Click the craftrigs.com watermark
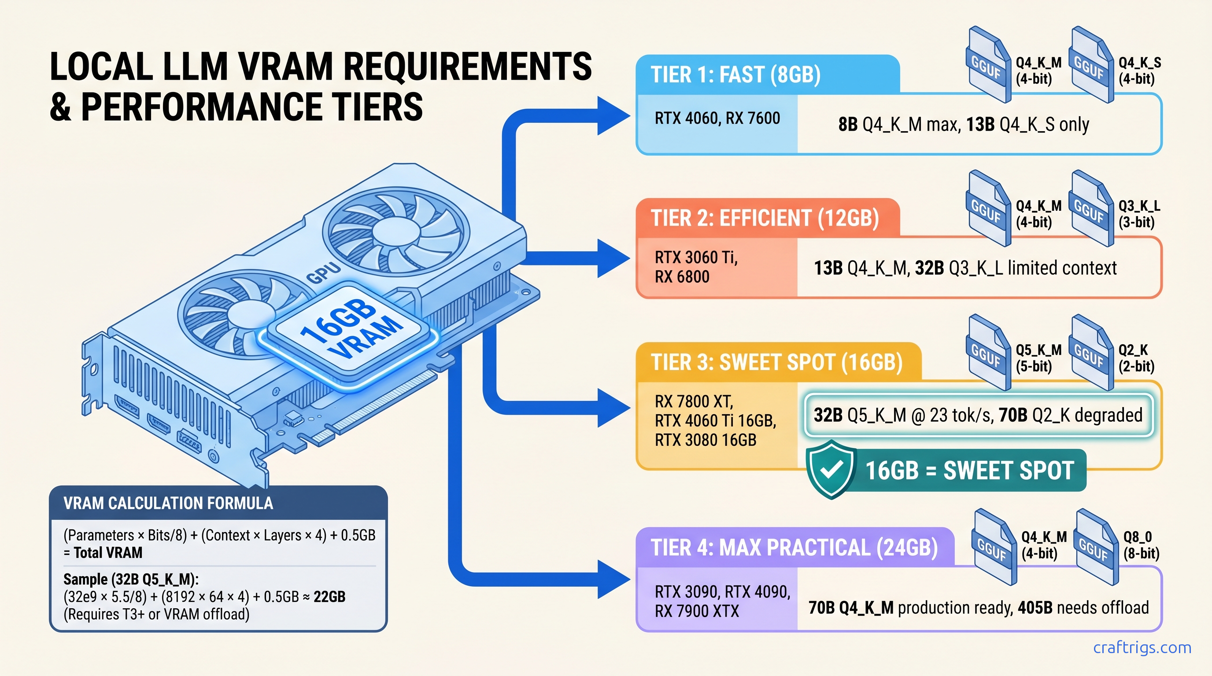coord(1142,648)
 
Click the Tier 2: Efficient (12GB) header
coord(765,219)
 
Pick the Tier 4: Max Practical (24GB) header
coord(794,548)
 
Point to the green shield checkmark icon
coord(831,469)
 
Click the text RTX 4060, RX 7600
coord(717,118)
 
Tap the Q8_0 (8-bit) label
coord(1141,545)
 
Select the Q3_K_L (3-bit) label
coord(1138,214)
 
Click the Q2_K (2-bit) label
coord(1136,358)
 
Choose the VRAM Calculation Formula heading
coord(168,503)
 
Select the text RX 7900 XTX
coord(697,612)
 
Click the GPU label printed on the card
coord(323,273)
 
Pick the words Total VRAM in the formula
coord(108,553)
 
